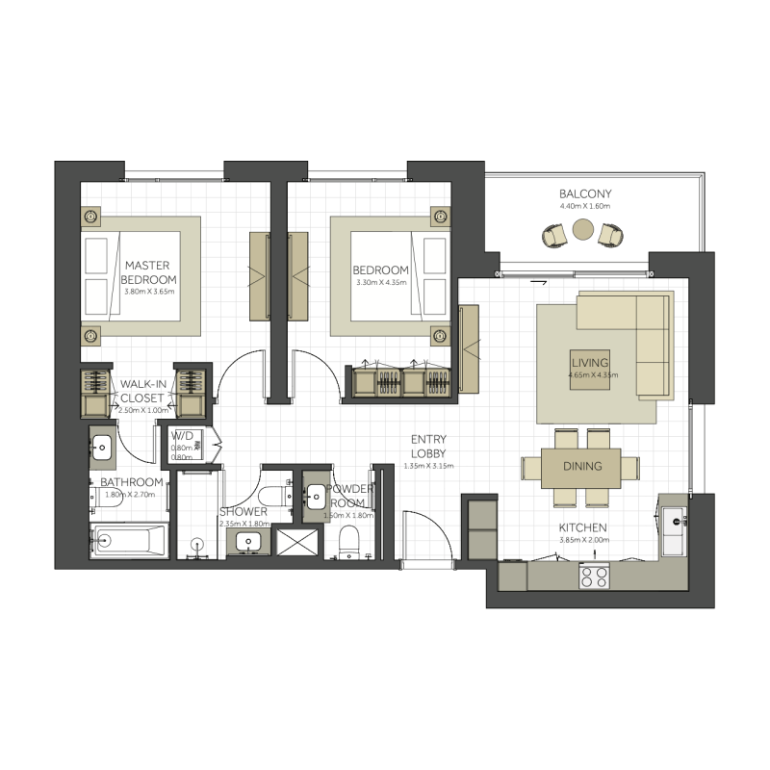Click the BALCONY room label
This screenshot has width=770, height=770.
[x=585, y=193]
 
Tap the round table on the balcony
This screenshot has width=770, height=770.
[x=583, y=229]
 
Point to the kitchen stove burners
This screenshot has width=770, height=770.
[x=593, y=577]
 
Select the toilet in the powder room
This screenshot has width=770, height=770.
[x=349, y=538]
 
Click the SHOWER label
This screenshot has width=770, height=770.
[x=243, y=512]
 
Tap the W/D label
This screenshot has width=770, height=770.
[x=182, y=434]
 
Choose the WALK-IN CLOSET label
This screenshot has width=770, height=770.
[x=141, y=390]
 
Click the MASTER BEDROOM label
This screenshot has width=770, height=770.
[x=149, y=271]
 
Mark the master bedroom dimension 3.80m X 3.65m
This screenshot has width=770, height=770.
[x=149, y=291]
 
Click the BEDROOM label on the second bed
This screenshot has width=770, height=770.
[x=380, y=270]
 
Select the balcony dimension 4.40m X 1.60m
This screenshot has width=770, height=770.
[x=585, y=206]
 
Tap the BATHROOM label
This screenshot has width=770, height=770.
[x=132, y=482]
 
